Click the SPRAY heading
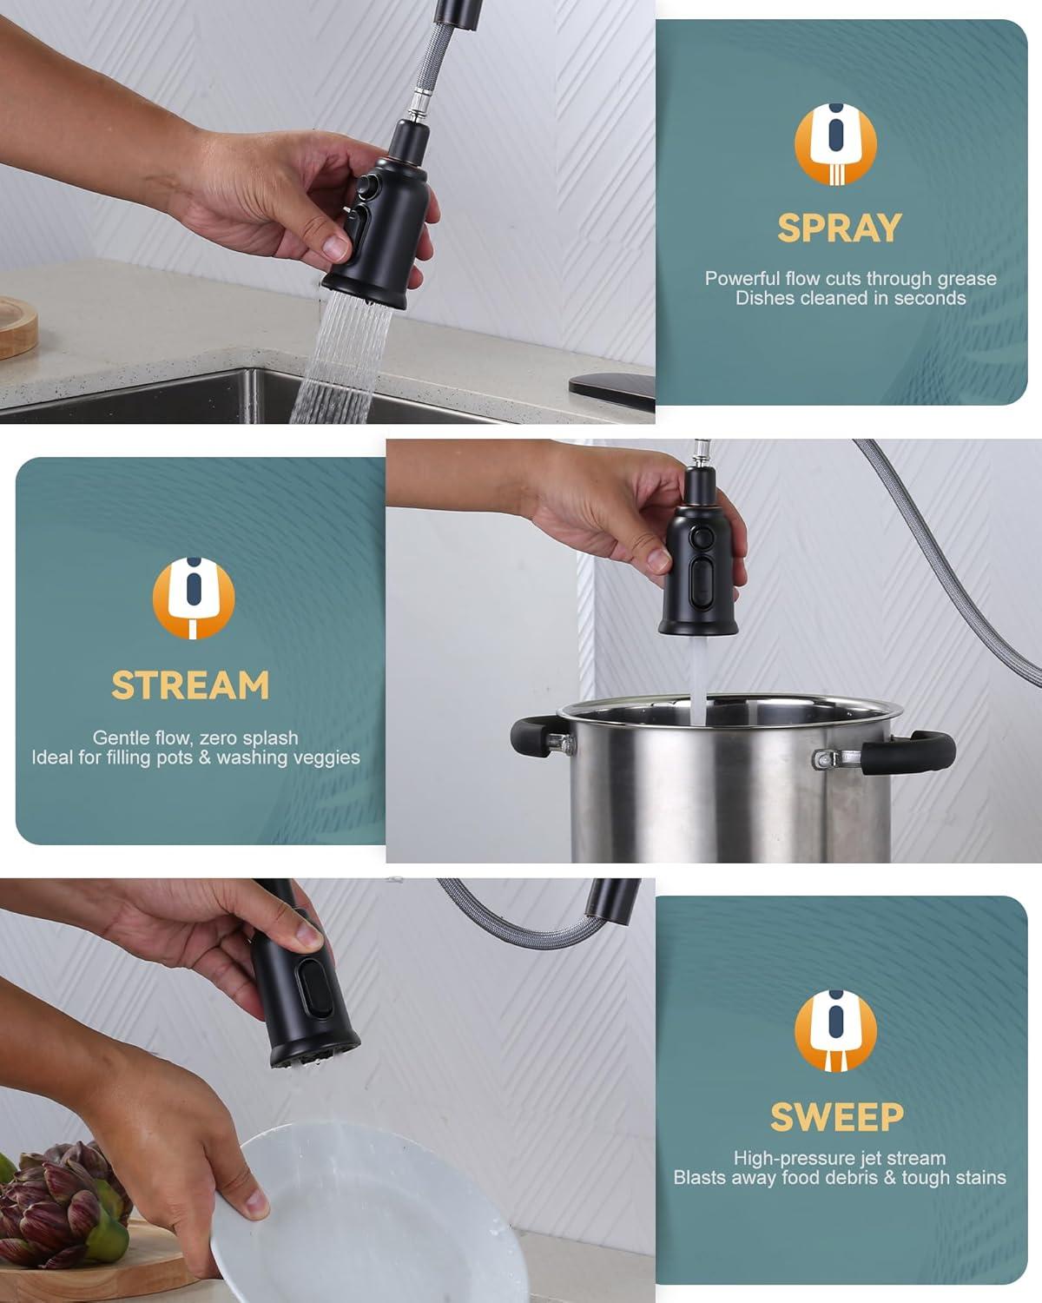(839, 228)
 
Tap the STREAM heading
(190, 685)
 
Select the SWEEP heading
(837, 1117)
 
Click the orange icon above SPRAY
(835, 143)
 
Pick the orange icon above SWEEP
(835, 1030)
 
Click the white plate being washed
(365, 1216)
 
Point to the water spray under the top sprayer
(343, 356)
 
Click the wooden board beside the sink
(17, 326)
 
